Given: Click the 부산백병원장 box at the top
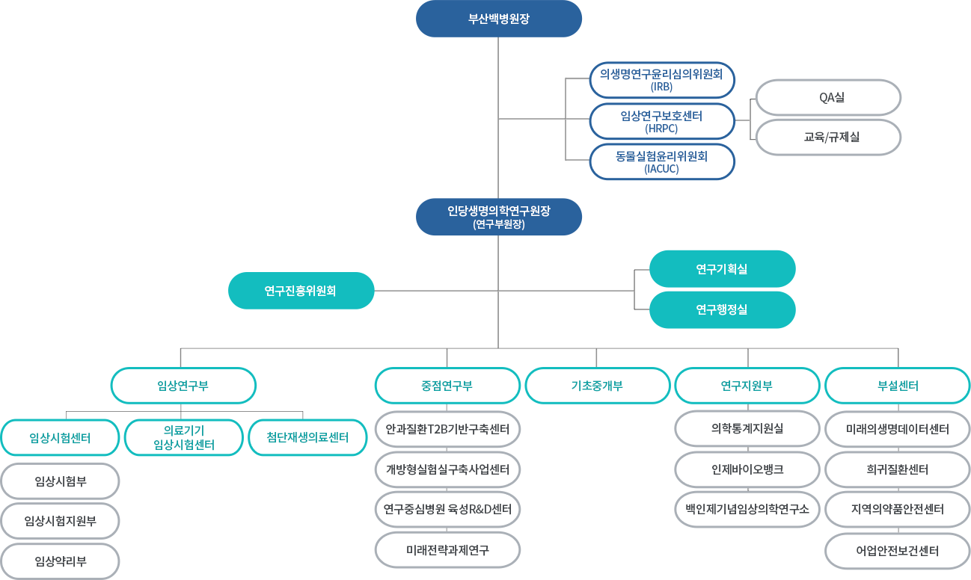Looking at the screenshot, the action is [498, 19].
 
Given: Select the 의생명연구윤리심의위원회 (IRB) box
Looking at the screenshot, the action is [661, 80].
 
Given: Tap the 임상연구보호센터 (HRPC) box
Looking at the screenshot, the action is [661, 121].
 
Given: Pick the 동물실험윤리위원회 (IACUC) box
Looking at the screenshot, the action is [661, 162].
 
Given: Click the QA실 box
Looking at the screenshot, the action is [828, 97].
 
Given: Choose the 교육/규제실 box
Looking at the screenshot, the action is [828, 138].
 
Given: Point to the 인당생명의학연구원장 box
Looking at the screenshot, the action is [498, 217].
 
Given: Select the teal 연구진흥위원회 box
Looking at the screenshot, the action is [301, 291].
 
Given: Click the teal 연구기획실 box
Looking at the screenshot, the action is [722, 269].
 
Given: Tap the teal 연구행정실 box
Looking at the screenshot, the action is [722, 309].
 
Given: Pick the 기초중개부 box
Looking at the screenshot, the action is [598, 386].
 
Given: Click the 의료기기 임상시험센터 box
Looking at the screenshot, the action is [184, 437].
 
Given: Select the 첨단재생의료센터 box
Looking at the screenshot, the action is [307, 437].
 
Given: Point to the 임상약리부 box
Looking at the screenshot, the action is [60, 561].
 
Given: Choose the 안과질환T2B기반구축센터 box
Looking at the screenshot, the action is [447, 429].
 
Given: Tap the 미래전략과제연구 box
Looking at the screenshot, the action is [447, 550].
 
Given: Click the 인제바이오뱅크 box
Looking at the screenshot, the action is [747, 469].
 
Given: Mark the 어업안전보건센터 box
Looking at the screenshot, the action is [897, 551].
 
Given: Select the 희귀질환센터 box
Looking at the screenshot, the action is [897, 469].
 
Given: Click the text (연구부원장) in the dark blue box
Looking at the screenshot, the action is [498, 224].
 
